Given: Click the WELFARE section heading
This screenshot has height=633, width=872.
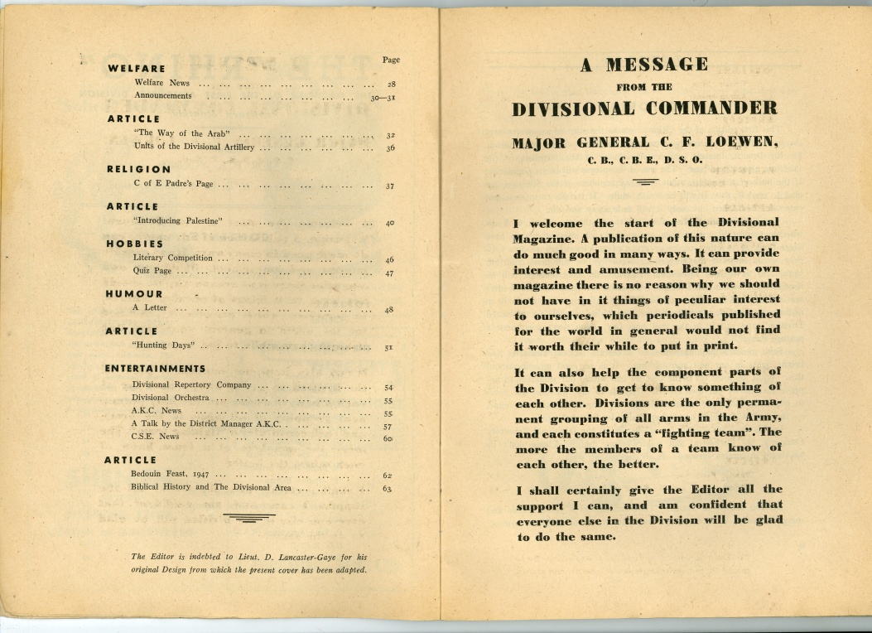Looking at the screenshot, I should tap(137, 69).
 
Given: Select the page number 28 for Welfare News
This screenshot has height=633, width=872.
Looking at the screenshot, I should tap(391, 85).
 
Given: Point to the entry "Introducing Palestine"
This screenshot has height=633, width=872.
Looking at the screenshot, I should tap(179, 221).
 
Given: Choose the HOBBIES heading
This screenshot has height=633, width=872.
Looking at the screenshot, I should tap(134, 244).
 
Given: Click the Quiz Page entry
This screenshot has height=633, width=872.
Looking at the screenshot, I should tap(152, 272).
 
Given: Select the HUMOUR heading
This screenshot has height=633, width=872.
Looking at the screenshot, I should tap(134, 294).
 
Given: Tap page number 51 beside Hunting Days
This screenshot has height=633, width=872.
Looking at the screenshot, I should tap(388, 348).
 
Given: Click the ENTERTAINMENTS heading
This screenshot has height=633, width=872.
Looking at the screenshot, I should tap(155, 369).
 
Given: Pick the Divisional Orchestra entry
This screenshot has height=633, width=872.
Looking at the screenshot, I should tap(170, 398).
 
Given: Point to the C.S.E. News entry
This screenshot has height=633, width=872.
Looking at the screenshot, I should tap(155, 437).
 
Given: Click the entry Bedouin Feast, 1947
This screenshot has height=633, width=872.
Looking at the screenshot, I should tap(170, 474).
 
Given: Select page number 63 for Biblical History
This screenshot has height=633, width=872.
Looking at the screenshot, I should tap(387, 489).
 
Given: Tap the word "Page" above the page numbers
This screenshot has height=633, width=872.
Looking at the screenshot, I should tap(391, 60).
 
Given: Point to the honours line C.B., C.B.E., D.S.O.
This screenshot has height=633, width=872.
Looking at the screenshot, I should tap(645, 160).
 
